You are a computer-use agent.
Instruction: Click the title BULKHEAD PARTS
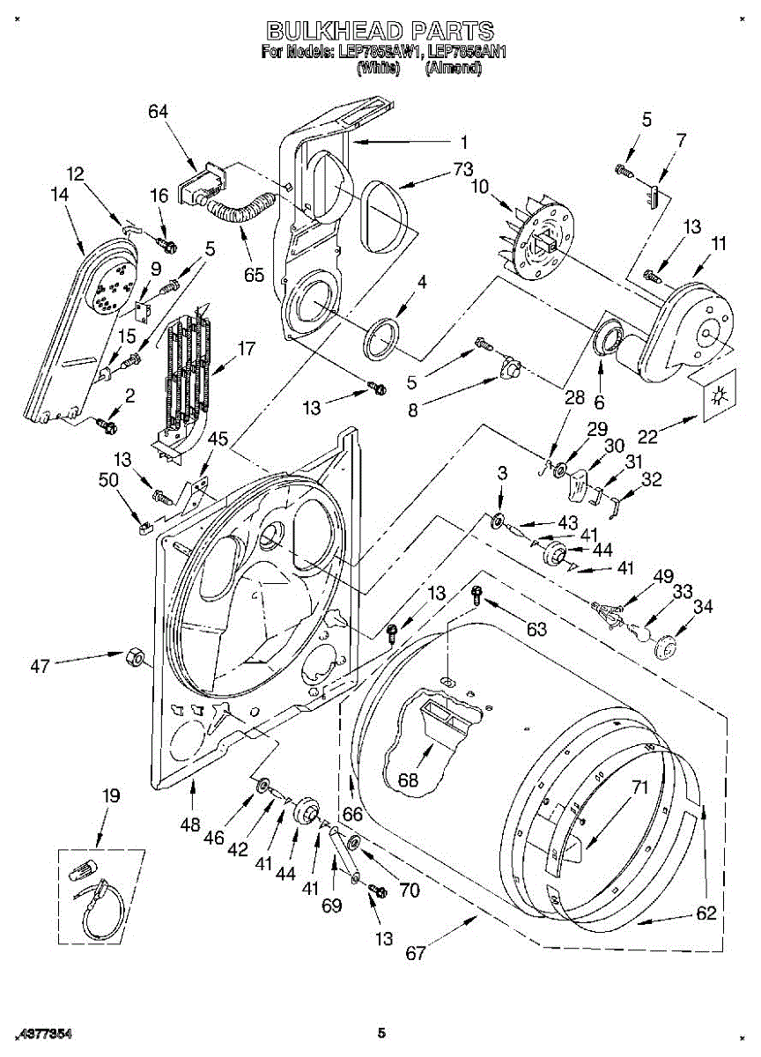(380, 33)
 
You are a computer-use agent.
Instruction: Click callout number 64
(159, 112)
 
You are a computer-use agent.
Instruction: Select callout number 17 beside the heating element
(247, 349)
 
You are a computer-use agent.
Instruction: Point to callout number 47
(41, 667)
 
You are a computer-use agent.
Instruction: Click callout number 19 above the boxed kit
(110, 796)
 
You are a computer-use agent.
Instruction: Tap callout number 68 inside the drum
(407, 780)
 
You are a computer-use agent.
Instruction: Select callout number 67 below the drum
(416, 953)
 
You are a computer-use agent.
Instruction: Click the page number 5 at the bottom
(380, 1032)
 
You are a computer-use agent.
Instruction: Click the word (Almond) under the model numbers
(453, 67)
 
